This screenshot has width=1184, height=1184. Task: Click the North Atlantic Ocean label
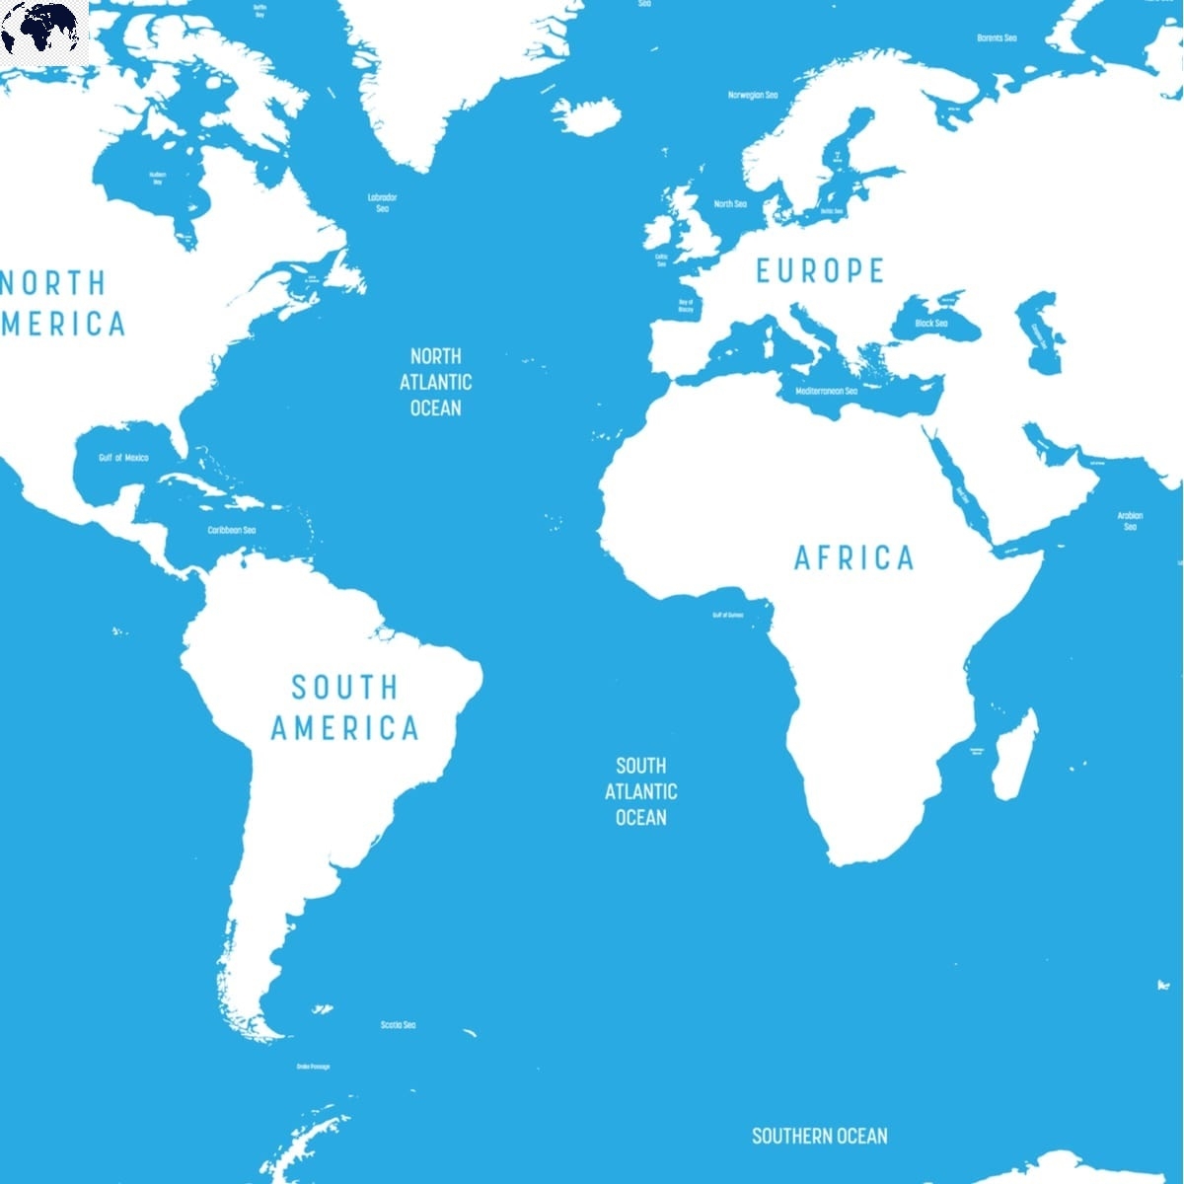coord(435,382)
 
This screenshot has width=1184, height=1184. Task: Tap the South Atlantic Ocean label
coord(641,791)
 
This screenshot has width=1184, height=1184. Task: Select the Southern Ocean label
coord(819,1136)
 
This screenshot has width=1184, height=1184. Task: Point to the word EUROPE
coord(820,270)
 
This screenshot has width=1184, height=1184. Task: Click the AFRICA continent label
coord(854,558)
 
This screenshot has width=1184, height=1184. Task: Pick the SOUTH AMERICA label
coord(345,707)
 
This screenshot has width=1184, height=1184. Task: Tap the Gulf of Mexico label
coord(123,458)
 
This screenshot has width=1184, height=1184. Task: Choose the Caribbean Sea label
coord(231,530)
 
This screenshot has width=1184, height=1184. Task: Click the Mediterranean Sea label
coord(827,391)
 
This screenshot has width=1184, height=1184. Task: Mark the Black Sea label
coord(930,324)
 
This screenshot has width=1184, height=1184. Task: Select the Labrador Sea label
coord(382,202)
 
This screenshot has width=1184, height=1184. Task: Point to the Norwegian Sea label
coord(753,95)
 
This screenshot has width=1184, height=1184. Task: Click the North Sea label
coord(730,204)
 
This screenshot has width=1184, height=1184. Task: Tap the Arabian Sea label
coord(1130,521)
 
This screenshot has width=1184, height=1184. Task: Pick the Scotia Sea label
coord(398,1025)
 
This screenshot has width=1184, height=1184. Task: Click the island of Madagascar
coord(1014,755)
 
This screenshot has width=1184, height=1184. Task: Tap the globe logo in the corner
coord(44,32)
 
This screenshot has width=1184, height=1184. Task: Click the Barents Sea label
coord(997,37)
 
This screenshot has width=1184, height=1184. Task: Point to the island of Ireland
coord(662,233)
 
